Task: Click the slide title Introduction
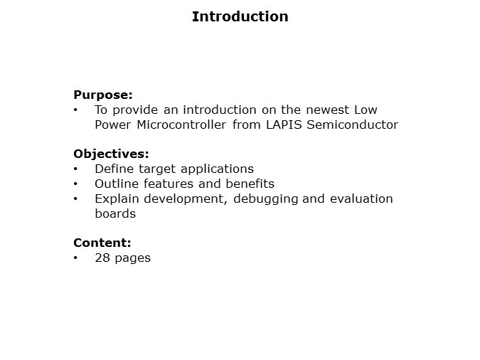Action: [240, 16]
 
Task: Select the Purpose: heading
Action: [103, 95]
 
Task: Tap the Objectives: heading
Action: [111, 154]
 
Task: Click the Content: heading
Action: [102, 243]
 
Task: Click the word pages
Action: [132, 258]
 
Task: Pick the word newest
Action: [326, 110]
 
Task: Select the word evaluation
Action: [359, 198]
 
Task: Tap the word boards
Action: [115, 213]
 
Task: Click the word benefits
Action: [250, 184]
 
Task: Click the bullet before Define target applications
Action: [76, 169]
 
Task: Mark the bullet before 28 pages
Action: [76, 258]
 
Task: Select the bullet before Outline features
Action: [76, 184]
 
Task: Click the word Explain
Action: [116, 198]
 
